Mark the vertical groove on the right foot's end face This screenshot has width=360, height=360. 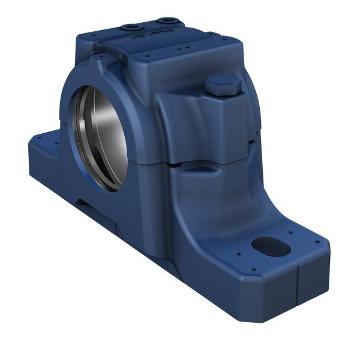298,282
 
